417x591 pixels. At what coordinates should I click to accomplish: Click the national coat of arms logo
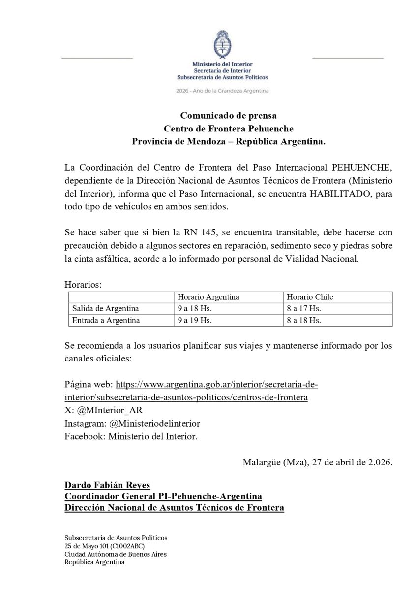click(223, 45)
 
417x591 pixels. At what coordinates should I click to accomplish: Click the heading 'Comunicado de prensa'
click(228, 116)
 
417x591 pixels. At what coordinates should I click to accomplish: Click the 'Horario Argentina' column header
click(208, 297)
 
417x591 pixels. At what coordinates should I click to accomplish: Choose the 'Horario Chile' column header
click(311, 297)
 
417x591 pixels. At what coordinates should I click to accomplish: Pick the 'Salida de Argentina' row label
click(105, 309)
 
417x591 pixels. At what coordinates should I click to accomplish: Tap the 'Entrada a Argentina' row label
click(106, 321)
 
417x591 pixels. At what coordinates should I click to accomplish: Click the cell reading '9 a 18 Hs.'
click(195, 309)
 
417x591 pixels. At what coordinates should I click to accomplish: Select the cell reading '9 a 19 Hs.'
click(195, 321)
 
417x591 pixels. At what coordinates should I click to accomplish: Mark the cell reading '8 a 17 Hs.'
click(304, 309)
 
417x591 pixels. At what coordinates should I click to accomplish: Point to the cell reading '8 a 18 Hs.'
click(304, 321)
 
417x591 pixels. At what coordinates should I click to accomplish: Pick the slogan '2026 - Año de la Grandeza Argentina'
click(223, 91)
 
